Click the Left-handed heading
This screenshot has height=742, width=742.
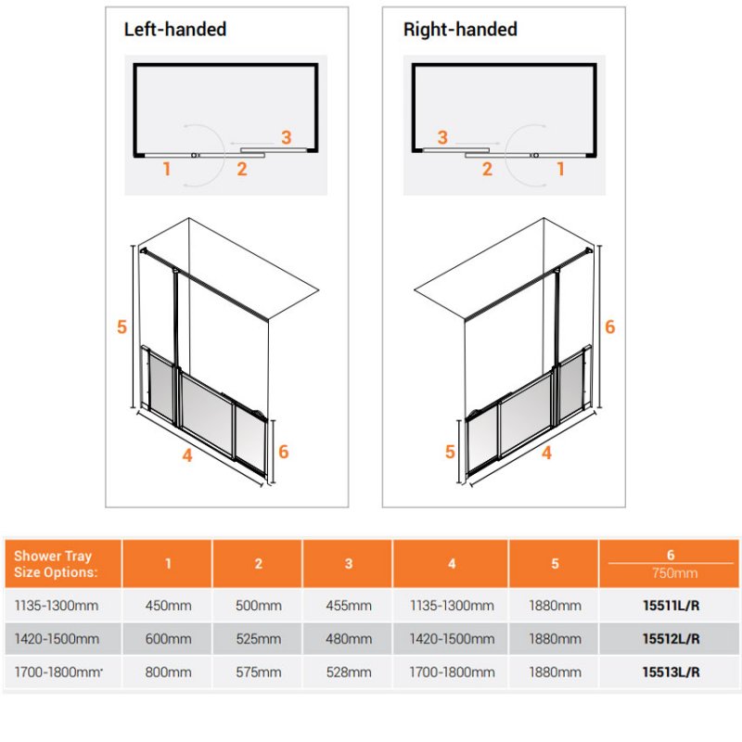(175, 30)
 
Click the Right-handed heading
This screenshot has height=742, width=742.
(460, 30)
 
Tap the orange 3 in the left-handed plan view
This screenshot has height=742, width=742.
(287, 137)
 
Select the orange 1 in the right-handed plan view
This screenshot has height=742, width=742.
(561, 169)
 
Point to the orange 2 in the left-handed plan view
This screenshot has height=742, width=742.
(242, 169)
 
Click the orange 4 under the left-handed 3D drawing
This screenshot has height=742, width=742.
(187, 455)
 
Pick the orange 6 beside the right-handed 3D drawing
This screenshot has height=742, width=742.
(610, 326)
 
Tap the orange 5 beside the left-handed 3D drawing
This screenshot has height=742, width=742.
(122, 326)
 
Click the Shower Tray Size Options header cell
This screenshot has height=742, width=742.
(56, 564)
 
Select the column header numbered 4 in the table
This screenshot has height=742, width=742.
(452, 564)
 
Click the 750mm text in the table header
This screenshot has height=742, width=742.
(674, 573)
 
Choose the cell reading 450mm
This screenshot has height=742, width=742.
(168, 606)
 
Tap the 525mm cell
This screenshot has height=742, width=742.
(259, 639)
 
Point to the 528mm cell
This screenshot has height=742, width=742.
(349, 672)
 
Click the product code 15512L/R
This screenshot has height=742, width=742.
(671, 639)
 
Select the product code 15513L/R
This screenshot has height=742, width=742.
(671, 672)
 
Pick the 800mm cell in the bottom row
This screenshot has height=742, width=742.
(168, 672)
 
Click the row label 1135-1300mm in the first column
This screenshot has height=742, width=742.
(57, 606)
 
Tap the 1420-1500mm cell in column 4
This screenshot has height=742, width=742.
(452, 639)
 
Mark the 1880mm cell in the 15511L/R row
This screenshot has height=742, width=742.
(555, 606)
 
